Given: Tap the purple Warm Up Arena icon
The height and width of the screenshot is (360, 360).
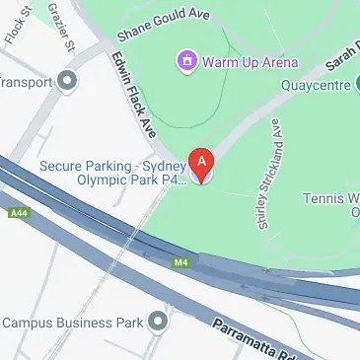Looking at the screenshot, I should [x=187, y=63].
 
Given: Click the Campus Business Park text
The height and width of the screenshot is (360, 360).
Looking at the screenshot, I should [x=74, y=322].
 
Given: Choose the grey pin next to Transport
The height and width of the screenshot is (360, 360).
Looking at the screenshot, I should [x=68, y=81].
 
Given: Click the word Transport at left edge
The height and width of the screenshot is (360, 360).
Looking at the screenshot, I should [x=25, y=82].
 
